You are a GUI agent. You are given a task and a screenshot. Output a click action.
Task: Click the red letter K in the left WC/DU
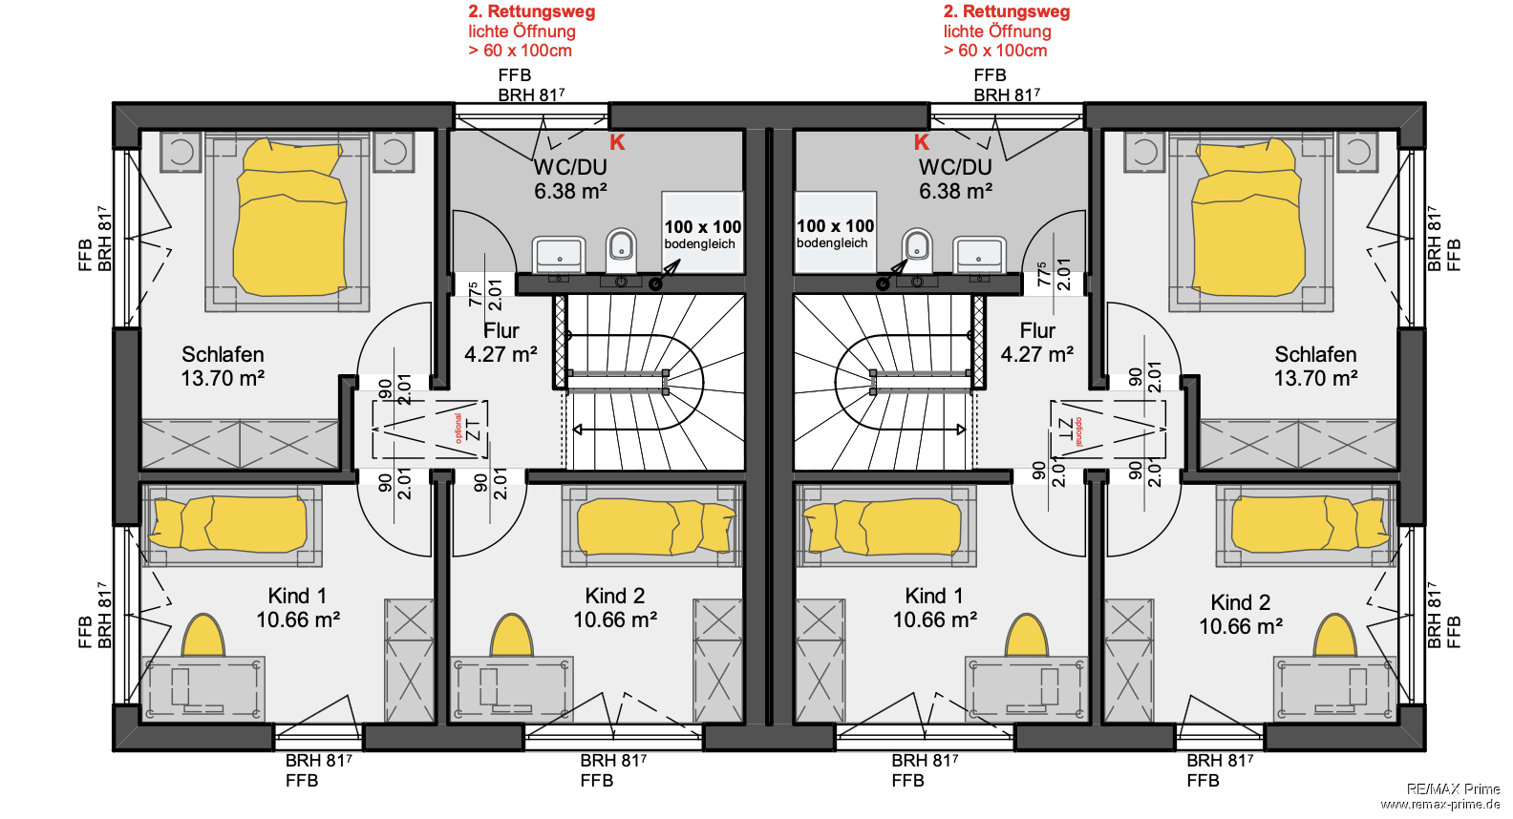click(x=617, y=142)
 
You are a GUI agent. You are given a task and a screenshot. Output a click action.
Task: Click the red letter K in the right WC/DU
click(x=921, y=142)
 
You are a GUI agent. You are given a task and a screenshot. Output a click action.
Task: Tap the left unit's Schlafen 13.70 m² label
click(x=223, y=367)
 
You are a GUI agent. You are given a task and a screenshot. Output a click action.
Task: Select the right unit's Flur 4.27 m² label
click(x=1036, y=343)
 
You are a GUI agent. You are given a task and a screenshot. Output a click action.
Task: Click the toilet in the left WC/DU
click(x=621, y=250)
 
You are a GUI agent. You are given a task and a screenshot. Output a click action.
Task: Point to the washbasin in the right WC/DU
click(x=979, y=255)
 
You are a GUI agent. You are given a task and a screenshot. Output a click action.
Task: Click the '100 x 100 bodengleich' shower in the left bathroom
click(x=702, y=234)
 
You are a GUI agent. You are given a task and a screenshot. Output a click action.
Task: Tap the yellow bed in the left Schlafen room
click(x=290, y=218)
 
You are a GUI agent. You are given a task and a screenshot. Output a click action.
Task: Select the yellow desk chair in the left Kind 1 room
click(x=203, y=636)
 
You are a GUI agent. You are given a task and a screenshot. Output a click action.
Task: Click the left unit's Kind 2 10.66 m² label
click(x=615, y=608)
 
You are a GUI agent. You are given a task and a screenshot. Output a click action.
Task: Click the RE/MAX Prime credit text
click(x=1452, y=788)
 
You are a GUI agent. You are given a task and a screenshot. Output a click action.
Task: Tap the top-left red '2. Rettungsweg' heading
click(x=531, y=11)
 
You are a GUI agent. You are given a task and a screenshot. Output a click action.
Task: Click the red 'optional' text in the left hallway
click(x=458, y=428)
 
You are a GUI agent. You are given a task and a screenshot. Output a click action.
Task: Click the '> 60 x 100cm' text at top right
click(x=994, y=51)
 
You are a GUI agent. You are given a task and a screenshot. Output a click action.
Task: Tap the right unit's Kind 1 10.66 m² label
click(x=934, y=608)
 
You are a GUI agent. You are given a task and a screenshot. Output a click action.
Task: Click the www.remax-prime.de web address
click(x=1440, y=805)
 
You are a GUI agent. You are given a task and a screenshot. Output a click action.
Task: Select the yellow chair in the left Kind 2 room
click(x=512, y=636)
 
